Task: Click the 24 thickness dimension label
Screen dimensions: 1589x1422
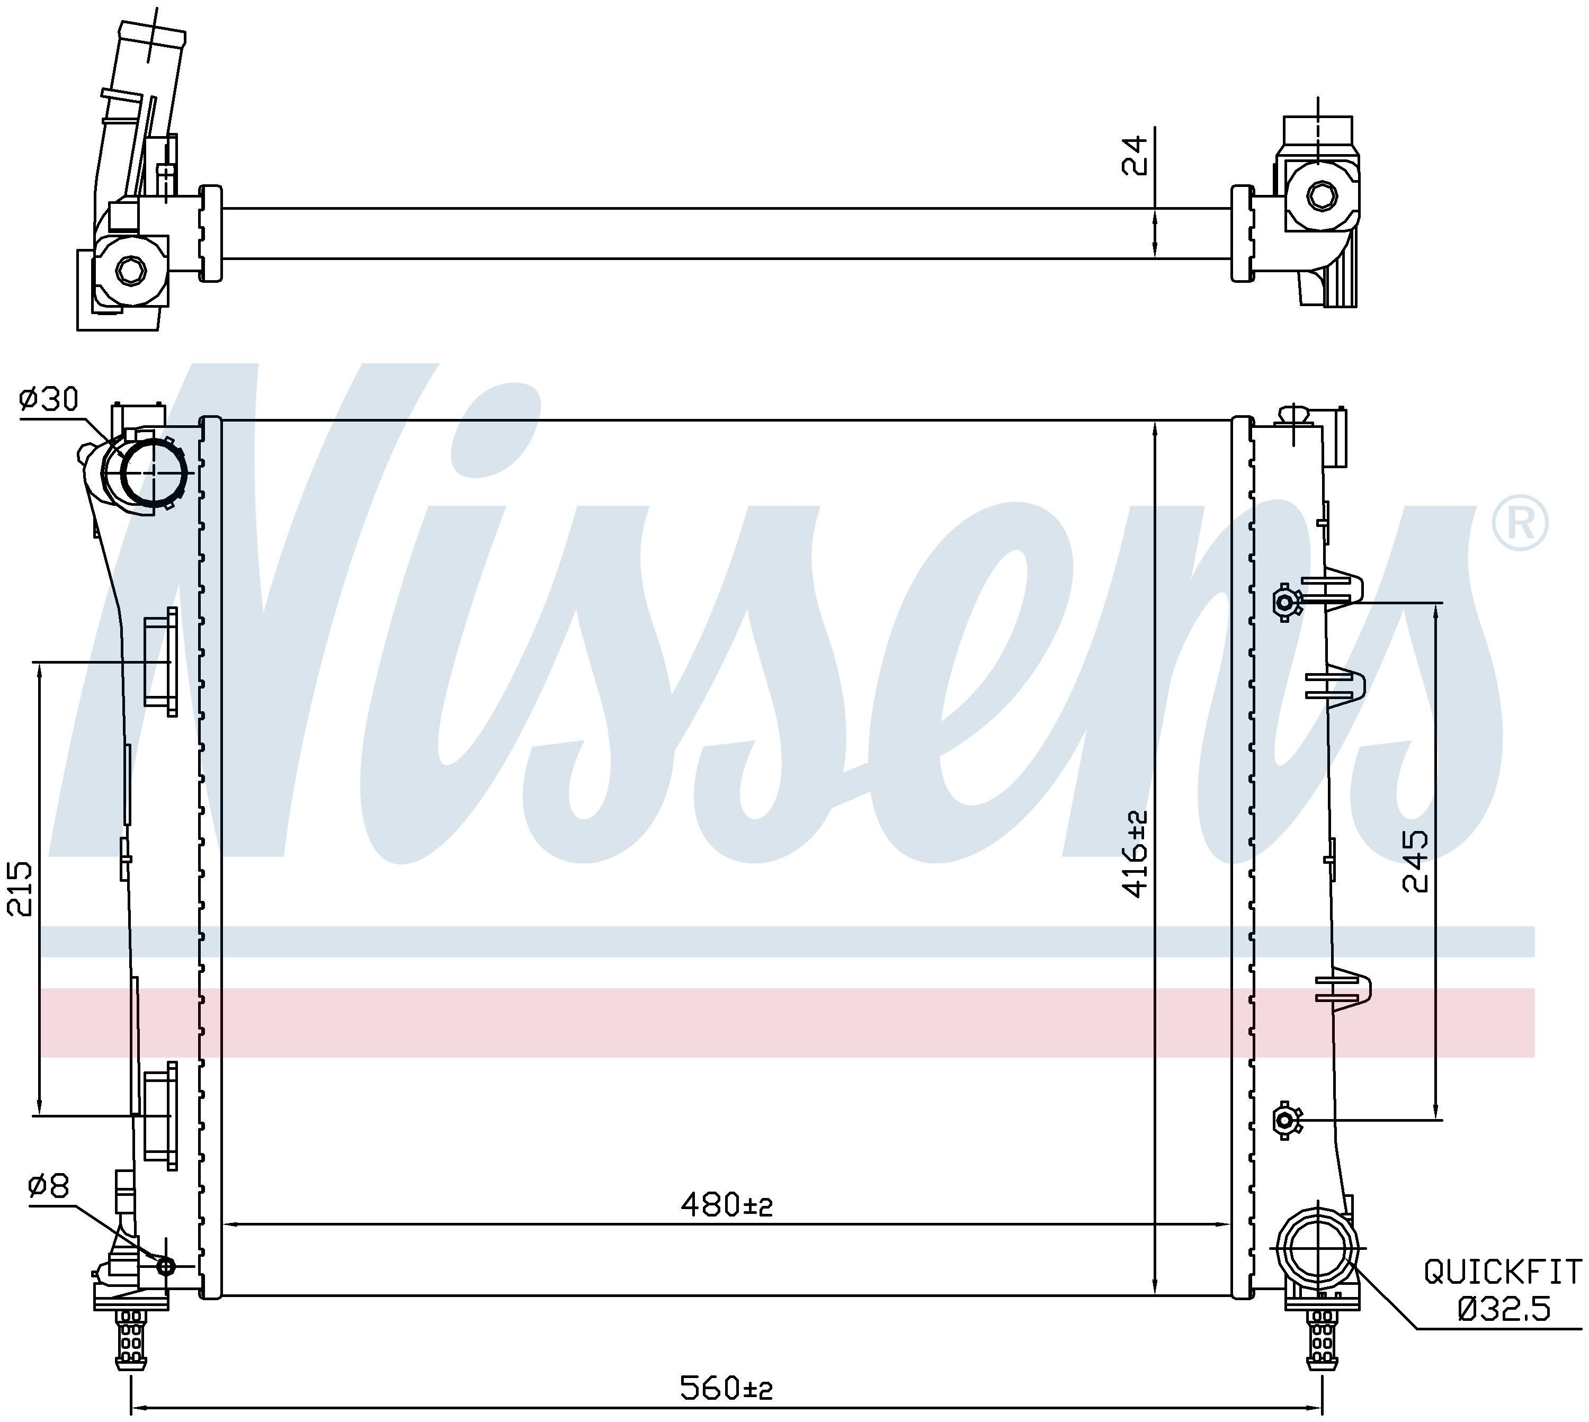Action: tap(1135, 155)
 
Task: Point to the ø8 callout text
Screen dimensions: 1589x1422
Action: tap(48, 1209)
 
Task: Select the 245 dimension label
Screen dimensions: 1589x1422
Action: tap(1416, 861)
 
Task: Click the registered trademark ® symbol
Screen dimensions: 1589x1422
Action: tap(1520, 523)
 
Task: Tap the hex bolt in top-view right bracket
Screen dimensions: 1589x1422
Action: tap(1321, 196)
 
